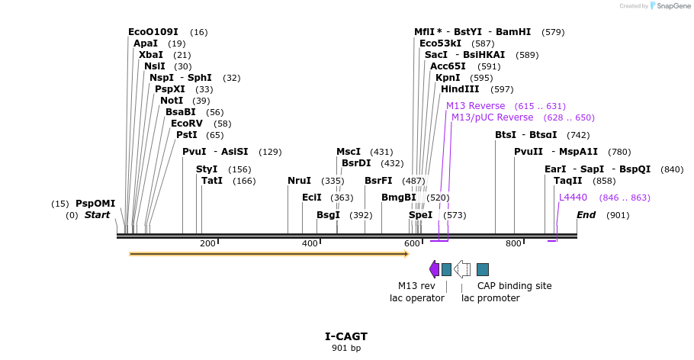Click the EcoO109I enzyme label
coord(153,32)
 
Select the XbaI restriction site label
coord(151,55)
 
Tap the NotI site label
coord(172,101)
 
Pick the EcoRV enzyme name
coord(187,124)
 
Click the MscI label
coord(349,152)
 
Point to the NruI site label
coord(299,181)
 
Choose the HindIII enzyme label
coord(460,89)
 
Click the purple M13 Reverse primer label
coord(475,106)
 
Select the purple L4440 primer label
coord(573,198)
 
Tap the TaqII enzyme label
coord(567,181)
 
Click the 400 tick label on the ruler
coord(310,244)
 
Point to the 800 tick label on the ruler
coord(513,244)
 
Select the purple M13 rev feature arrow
coord(435,269)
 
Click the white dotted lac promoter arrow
coord(461,269)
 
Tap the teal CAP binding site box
coord(483,269)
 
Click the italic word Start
coord(97,215)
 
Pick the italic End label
coord(586,215)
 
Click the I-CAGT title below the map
coord(346,336)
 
